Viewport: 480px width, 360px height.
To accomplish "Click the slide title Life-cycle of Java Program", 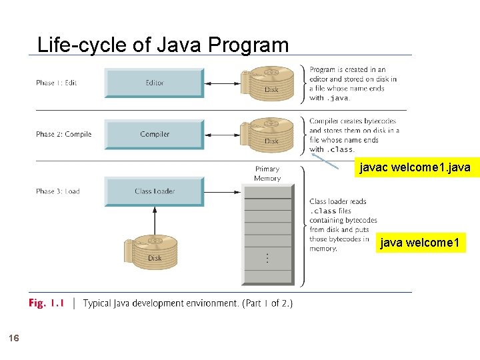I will pos(163,45).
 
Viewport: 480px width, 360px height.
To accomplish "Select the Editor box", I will pos(154,83).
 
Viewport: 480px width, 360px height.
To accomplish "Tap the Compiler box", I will pos(154,134).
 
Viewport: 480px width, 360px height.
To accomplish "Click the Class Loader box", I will pos(154,191).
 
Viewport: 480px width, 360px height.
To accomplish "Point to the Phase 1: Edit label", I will pos(56,83).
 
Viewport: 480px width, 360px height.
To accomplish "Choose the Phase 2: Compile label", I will pos(63,134).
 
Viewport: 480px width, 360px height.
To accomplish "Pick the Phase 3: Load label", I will pos(57,191).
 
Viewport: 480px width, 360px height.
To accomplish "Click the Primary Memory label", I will pos(267,173).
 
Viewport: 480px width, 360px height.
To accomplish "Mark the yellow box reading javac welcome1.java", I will pos(415,168).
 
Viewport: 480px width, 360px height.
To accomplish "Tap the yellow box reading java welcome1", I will pos(419,243).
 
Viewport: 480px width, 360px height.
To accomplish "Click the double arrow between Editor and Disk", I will pos(225,83).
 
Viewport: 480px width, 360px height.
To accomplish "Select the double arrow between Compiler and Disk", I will pos(225,135).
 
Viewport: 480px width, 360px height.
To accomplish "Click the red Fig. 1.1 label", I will pos(46,303).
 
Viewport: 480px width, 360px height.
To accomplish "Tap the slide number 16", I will pos(14,339).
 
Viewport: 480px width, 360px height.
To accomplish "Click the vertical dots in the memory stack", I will pos(267,257).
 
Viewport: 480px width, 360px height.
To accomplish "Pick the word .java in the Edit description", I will pos(338,98).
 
